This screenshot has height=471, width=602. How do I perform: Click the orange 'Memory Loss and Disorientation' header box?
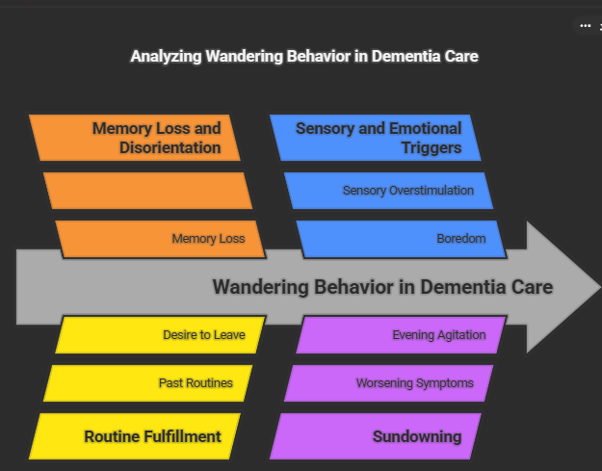[x=135, y=138]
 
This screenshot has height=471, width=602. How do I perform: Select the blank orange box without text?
[x=147, y=191]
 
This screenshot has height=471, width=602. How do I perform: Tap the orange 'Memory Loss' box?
[x=160, y=239]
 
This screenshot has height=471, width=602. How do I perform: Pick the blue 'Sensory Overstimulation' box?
[x=388, y=191]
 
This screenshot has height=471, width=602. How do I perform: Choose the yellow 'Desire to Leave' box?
[x=160, y=335]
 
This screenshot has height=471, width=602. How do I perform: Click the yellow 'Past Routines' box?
[x=147, y=383]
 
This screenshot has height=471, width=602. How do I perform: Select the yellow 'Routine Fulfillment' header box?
[x=135, y=436]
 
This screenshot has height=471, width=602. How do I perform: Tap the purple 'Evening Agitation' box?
[x=401, y=335]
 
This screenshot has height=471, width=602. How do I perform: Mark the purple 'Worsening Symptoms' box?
[x=388, y=383]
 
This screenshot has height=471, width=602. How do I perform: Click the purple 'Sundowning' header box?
[x=376, y=436]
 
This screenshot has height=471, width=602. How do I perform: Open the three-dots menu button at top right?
[x=585, y=26]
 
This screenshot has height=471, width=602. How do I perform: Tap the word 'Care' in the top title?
[x=459, y=56]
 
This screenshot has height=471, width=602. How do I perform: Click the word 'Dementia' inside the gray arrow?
[x=469, y=287]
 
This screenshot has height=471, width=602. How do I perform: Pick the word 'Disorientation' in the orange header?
[x=170, y=148]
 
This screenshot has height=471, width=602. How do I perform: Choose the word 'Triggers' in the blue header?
[x=432, y=148]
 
